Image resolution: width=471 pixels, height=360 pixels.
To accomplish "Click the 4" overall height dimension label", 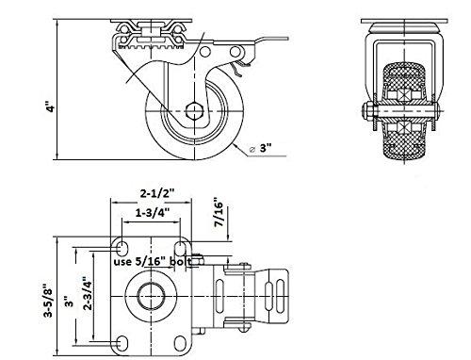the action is pyautogui.click(x=50, y=106).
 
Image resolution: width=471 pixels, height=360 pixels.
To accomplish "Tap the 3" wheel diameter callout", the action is pyautogui.click(x=260, y=148).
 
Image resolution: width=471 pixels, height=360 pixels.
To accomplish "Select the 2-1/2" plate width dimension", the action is pyautogui.click(x=156, y=193).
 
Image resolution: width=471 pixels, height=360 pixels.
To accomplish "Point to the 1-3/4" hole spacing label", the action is pyautogui.click(x=153, y=213).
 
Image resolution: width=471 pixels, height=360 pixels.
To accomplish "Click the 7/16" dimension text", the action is pyautogui.click(x=219, y=212).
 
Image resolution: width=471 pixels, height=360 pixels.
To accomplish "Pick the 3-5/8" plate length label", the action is pyautogui.click(x=49, y=301).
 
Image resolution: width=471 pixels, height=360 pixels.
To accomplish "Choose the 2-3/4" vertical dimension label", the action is pyautogui.click(x=88, y=293).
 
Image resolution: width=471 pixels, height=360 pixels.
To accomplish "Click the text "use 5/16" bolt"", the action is pyautogui.click(x=153, y=261).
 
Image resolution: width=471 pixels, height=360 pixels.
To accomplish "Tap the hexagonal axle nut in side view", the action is pyautogui.click(x=194, y=111).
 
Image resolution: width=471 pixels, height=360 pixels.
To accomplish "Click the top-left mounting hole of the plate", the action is pyautogui.click(x=122, y=248).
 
